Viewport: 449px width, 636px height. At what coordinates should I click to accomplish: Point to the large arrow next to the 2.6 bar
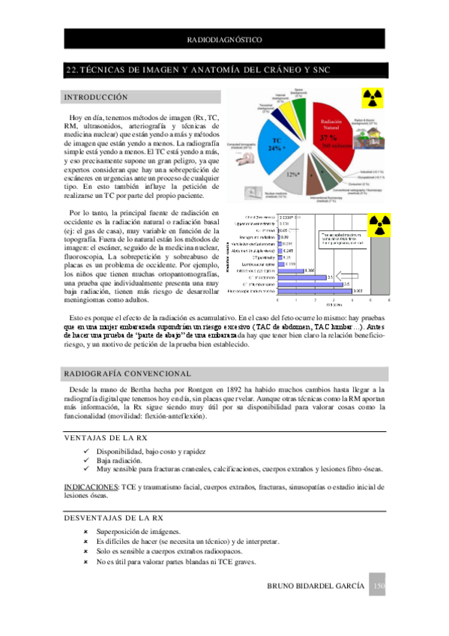[x=347, y=275]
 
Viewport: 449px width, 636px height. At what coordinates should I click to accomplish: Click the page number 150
[x=379, y=586]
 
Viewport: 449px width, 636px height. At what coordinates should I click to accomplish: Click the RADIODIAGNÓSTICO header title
[x=224, y=37]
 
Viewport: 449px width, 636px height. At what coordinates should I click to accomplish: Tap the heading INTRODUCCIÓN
[x=96, y=97]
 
